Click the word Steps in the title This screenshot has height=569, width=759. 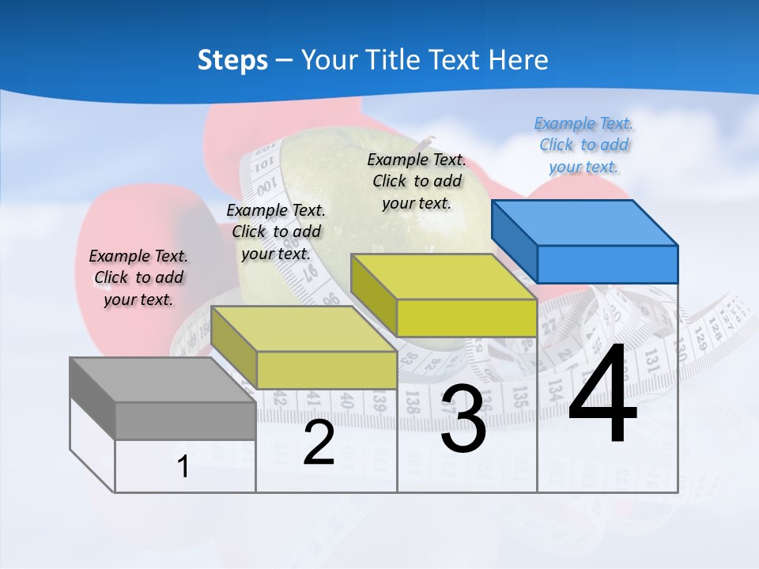232,60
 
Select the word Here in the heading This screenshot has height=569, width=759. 519,60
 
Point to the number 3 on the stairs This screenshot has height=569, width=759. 463,419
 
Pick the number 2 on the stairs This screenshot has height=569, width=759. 319,443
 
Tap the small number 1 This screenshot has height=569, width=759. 183,467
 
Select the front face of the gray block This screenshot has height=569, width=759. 185,420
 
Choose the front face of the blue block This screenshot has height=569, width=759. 607,264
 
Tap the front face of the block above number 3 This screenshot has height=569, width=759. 466,318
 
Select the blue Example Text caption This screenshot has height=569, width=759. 583,145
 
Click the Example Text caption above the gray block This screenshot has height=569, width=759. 138,277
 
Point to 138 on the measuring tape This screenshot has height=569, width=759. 413,401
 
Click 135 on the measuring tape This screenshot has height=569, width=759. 519,395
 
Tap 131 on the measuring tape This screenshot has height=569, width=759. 652,360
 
